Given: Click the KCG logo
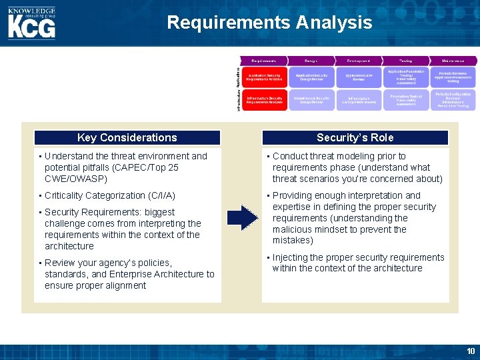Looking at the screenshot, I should [31, 23].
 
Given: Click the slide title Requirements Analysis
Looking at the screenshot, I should [269, 23].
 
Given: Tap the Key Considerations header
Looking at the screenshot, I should [127, 137].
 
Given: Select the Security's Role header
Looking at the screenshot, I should [355, 137].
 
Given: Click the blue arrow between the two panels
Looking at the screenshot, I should [242, 218].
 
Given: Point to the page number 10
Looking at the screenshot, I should [471, 351].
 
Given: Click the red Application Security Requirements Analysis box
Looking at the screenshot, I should [265, 77].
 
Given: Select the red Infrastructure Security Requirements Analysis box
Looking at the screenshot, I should [265, 100].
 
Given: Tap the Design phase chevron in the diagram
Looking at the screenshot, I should [311, 60].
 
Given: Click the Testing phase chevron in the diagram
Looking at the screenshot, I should [405, 60].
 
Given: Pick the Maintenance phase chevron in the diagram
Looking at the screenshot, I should [453, 60].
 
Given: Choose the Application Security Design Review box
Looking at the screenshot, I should [311, 77].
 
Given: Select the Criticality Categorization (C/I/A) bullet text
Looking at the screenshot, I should [110, 195].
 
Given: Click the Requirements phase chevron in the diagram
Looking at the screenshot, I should [265, 60].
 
